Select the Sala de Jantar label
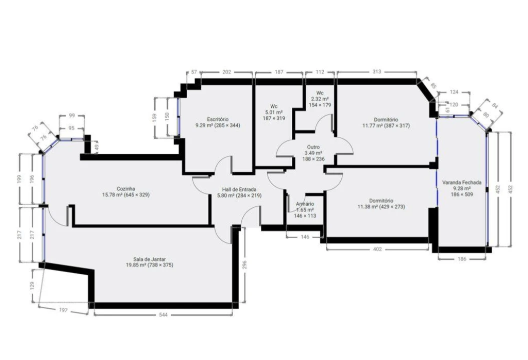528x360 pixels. (x=150, y=259)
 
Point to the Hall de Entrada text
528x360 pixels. (x=240, y=190)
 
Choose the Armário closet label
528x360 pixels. (x=305, y=204)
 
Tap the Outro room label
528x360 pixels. (x=313, y=147)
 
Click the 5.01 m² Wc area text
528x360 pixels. (x=274, y=112)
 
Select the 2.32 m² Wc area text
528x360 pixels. (x=319, y=99)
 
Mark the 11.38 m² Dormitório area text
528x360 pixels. (x=381, y=206)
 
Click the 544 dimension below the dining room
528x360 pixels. (x=163, y=315)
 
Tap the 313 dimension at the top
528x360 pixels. (x=377, y=72)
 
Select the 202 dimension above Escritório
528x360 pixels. (x=226, y=72)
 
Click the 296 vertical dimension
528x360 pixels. (x=245, y=265)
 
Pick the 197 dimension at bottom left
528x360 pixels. (x=63, y=310)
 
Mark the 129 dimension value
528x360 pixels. (x=32, y=285)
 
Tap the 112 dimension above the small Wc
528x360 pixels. (x=320, y=72)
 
